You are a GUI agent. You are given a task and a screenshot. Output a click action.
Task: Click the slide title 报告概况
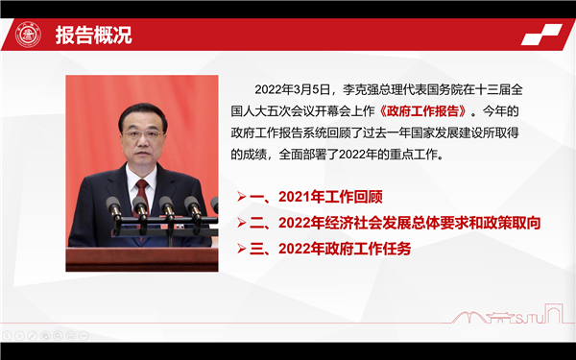click(93, 36)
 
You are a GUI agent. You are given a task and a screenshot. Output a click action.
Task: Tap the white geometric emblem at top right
click(544, 36)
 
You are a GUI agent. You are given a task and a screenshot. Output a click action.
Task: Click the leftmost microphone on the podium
click(113, 206)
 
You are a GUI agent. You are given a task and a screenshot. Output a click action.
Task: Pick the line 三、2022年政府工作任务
click(330, 249)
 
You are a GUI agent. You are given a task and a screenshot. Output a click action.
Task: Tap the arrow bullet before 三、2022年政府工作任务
click(241, 249)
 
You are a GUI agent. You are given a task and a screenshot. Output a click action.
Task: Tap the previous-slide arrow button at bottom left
click(7, 336)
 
